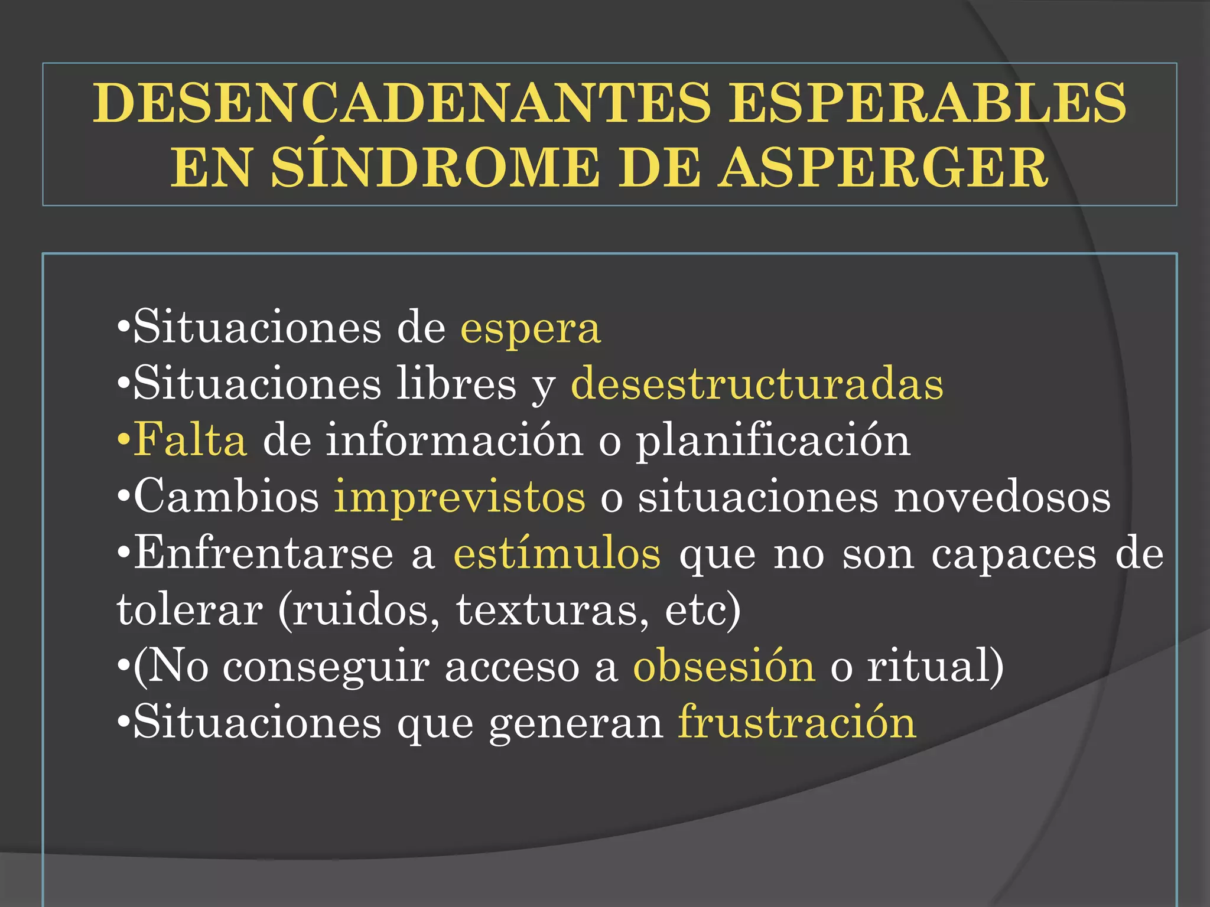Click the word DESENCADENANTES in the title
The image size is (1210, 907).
coord(402,103)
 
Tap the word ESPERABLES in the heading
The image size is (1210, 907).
coord(928,103)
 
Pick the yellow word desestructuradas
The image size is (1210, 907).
coord(757,384)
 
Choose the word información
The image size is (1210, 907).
coord(454,441)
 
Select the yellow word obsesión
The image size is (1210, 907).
coord(724,667)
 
